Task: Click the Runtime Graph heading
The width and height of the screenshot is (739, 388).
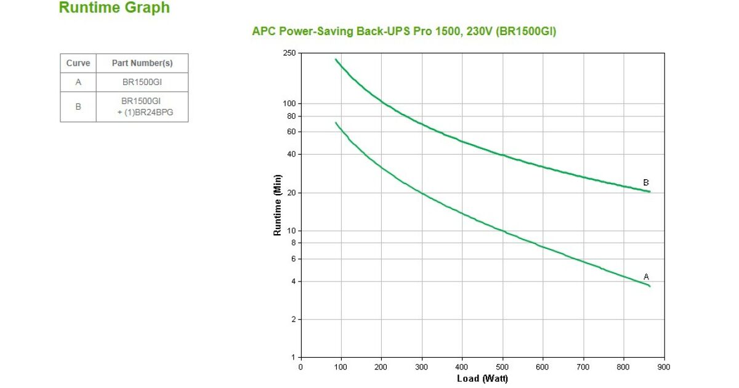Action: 114,8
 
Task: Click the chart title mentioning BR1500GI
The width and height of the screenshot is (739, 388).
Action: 404,31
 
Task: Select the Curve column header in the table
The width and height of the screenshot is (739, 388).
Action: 78,63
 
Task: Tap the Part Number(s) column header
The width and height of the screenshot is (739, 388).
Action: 142,63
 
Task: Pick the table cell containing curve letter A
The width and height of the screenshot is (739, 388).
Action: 78,83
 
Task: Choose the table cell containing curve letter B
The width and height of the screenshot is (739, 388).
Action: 78,107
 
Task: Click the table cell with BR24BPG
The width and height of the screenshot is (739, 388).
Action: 142,107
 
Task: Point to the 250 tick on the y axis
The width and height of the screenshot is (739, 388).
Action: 289,54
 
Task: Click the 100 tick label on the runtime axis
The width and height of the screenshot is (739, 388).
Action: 289,103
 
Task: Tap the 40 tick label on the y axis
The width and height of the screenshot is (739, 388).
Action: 291,154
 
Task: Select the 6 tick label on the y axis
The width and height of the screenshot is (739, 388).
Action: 293,259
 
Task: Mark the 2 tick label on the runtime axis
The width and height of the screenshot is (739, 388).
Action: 293,320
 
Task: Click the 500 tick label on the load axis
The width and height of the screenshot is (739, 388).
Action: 503,367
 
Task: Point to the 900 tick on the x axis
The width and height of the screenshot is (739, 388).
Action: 664,367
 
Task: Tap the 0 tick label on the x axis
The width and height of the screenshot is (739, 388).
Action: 301,367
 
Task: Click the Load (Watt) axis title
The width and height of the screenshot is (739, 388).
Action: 482,378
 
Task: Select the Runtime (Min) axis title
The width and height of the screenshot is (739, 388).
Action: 278,205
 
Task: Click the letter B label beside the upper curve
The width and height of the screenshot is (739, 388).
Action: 646,183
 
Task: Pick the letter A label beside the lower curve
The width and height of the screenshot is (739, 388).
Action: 646,277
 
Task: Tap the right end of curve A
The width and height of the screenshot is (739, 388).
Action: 649,286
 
